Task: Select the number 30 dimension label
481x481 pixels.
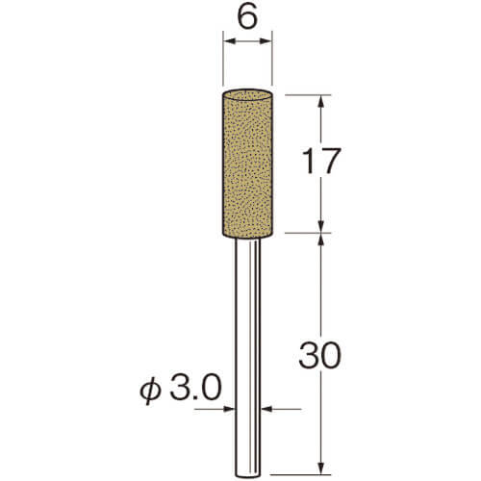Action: pos(320,355)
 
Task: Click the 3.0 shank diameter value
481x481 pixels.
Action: pos(195,388)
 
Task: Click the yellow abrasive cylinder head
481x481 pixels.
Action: pos(247,164)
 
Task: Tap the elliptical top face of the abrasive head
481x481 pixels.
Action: pos(247,95)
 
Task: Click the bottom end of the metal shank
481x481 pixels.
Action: pos(247,474)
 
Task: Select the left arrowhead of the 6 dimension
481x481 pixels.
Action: pos(230,41)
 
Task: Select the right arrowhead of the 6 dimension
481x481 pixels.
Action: pos(266,41)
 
